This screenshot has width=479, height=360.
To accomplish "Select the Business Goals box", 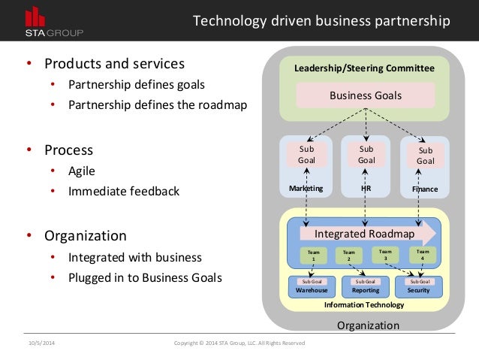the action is point(366,95).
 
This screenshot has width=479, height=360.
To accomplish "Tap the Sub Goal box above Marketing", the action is point(306,154).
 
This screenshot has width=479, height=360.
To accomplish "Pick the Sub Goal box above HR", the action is point(366,154).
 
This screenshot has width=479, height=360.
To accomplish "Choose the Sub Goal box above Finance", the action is point(425,155).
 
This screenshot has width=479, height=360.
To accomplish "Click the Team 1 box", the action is point(313,256).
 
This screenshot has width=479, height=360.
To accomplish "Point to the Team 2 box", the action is point(348,256).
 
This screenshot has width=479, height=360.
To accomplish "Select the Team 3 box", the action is point(385,256).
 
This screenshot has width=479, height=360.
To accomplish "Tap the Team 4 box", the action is point(423,256).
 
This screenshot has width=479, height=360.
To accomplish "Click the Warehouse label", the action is point(312,289).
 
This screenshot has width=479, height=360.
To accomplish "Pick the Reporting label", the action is point(365,289).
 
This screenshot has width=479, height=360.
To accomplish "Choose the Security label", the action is point(417,289).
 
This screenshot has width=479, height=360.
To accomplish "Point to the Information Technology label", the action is point(364,304).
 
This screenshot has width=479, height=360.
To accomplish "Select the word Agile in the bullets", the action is point(82,171).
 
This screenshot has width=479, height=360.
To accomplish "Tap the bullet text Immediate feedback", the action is point(124,191).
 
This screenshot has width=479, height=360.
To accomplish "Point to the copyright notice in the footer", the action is point(239,343).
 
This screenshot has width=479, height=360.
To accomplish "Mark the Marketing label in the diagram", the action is point(306,189).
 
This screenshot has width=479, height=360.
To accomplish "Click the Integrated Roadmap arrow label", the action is point(364,233).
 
